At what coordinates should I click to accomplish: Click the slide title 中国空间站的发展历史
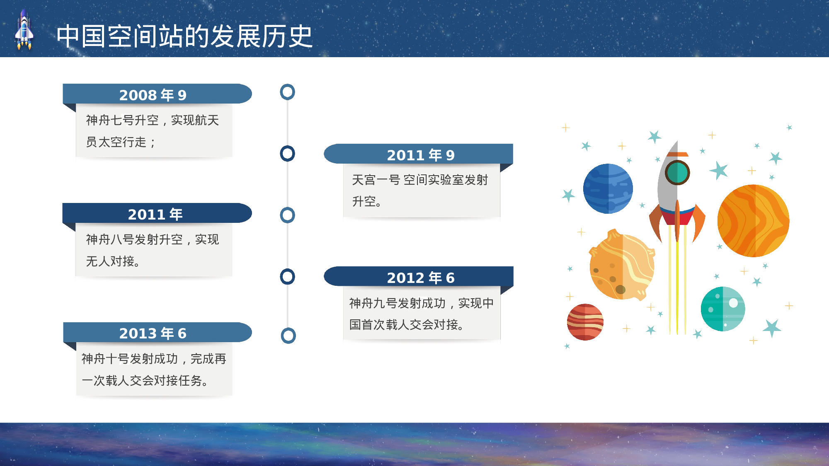pyautogui.click(x=184, y=36)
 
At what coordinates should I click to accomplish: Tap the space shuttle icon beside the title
pyautogui.click(x=24, y=30)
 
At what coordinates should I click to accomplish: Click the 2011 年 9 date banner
pyautogui.click(x=419, y=155)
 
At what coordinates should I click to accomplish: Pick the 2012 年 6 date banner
pyautogui.click(x=419, y=277)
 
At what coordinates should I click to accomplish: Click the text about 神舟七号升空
pyautogui.click(x=153, y=131)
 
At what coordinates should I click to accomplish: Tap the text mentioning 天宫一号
pyautogui.click(x=419, y=191)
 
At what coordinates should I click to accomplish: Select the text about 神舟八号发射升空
pyautogui.click(x=153, y=250)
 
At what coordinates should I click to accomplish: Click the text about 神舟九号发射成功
pyautogui.click(x=421, y=314)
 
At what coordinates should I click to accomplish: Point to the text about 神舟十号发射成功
pyautogui.click(x=153, y=369)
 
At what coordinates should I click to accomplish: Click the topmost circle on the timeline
pyautogui.click(x=287, y=92)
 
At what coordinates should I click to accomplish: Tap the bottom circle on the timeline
pyautogui.click(x=288, y=336)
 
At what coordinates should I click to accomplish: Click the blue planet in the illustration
pyautogui.click(x=608, y=189)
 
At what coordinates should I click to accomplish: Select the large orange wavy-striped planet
pyautogui.click(x=753, y=221)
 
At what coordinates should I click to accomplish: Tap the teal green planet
pyautogui.click(x=722, y=309)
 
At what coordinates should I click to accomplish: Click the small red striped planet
pyautogui.click(x=585, y=322)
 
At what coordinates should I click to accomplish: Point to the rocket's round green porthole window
pyautogui.click(x=677, y=172)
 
